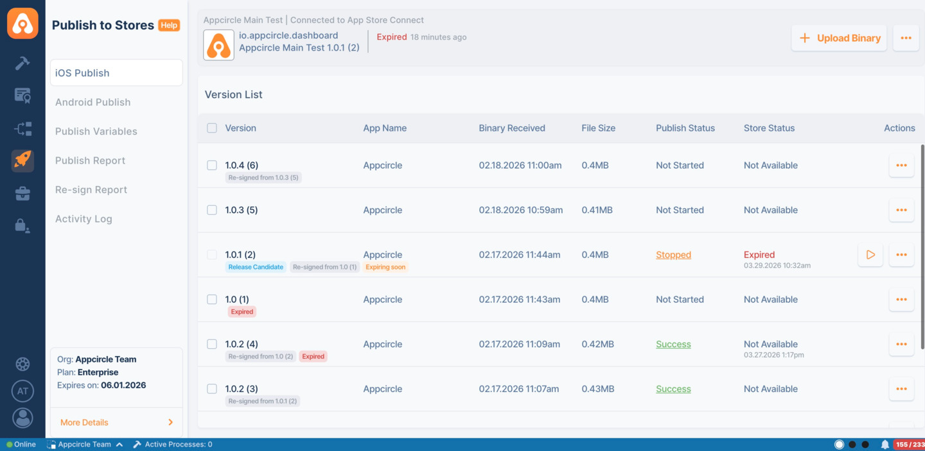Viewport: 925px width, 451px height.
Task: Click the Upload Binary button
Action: (839, 38)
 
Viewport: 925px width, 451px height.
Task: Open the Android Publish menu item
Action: (92, 102)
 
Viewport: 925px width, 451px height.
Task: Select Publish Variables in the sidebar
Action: (96, 131)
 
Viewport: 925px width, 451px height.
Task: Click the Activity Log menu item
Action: (84, 219)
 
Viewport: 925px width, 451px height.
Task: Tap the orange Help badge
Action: (169, 25)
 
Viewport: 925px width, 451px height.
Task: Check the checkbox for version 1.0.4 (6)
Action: (212, 165)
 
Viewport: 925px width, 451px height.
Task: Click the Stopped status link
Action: (673, 255)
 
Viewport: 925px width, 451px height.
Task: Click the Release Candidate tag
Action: (256, 267)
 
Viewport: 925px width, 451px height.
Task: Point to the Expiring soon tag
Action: (385, 267)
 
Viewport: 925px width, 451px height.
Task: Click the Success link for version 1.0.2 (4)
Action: (673, 344)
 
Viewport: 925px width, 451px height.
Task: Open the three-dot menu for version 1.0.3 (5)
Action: (901, 210)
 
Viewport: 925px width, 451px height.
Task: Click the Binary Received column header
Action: (511, 128)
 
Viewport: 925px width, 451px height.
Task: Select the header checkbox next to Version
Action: (212, 128)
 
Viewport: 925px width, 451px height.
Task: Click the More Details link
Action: (84, 422)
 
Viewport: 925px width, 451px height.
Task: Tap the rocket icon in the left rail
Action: (22, 160)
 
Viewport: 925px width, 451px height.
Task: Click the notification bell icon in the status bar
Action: (885, 444)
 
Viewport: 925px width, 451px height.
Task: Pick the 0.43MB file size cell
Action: (597, 389)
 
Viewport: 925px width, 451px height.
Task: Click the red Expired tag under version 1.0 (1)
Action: (242, 312)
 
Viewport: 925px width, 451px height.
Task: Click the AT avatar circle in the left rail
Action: (22, 391)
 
